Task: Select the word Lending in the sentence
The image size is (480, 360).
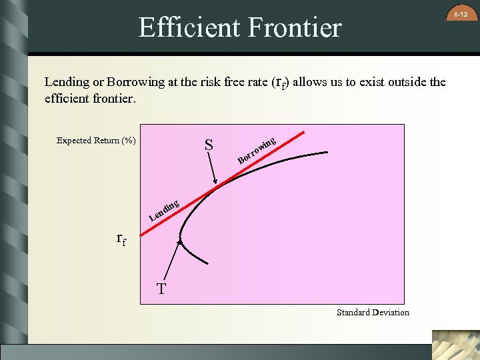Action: click(67, 83)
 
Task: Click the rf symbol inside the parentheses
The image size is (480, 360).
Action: click(279, 83)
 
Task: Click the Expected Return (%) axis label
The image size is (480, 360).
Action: click(96, 141)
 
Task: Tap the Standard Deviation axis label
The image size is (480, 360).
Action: click(373, 312)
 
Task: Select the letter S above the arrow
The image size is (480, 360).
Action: click(209, 145)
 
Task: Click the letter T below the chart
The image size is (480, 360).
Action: click(161, 289)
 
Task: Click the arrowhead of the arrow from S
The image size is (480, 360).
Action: click(215, 181)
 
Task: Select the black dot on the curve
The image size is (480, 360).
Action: click(179, 241)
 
